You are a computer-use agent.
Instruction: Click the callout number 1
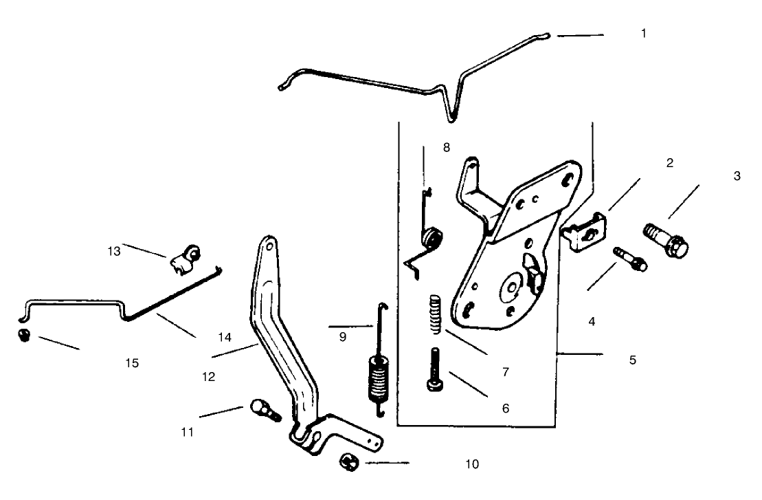click(643, 33)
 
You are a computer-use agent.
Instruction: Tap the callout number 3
click(737, 176)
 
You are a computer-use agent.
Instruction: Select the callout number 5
click(633, 359)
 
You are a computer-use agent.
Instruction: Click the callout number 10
click(471, 464)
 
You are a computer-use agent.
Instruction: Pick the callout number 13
click(114, 251)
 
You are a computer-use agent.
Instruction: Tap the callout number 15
click(133, 362)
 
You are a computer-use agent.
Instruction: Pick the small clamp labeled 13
click(186, 260)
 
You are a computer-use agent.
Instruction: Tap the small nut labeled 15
click(23, 336)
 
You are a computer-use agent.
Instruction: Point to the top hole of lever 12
click(269, 244)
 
